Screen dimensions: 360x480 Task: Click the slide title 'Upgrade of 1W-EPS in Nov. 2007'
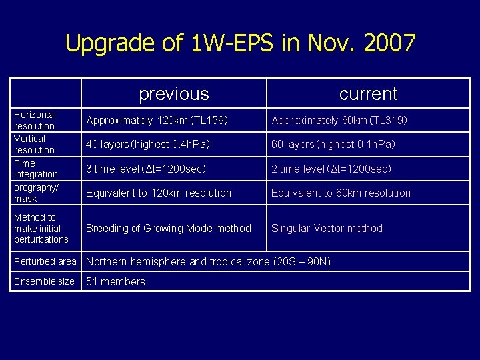tap(240, 43)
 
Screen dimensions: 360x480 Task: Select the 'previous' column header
tap(173, 94)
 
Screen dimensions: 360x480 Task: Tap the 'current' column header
tap(368, 94)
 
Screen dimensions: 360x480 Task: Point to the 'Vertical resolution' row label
tap(35, 144)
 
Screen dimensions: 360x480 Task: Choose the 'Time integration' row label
tap(36, 168)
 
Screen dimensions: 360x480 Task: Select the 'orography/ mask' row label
tap(36, 193)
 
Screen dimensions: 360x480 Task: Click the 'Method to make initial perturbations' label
tap(41, 228)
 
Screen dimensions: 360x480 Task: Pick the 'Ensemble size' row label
tap(44, 281)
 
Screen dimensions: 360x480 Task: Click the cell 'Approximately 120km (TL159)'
tap(157, 121)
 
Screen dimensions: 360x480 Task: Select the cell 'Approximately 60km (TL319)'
tap(339, 121)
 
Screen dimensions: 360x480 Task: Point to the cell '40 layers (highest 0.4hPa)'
tap(157, 145)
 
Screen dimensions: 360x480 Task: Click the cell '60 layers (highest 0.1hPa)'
tap(333, 145)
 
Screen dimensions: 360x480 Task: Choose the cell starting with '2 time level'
tap(331, 169)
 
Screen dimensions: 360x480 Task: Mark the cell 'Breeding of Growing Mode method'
tap(169, 228)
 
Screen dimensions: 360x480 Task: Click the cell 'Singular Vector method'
tap(327, 228)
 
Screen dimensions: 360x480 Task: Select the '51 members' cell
tap(116, 281)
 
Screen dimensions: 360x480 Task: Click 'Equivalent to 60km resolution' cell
tap(341, 193)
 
